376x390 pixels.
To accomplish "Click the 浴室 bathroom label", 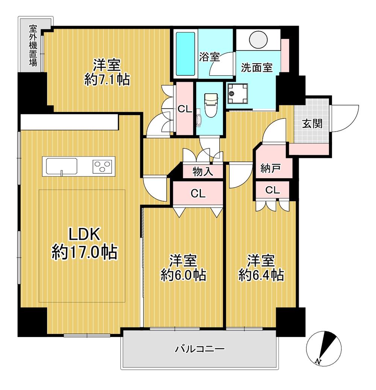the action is coord(209,57).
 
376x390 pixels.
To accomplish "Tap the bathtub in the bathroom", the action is coord(185,54).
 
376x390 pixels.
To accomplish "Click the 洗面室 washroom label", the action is coord(257,67).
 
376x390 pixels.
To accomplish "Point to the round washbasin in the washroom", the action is coord(258,39).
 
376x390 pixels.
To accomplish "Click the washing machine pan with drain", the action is coord(237,94).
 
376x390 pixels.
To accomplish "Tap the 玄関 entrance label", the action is coord(312,123).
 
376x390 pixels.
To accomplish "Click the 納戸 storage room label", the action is coord(271,168).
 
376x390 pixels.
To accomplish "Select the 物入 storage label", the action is coord(203,171).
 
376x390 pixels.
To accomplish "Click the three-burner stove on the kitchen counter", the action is coord(102,166).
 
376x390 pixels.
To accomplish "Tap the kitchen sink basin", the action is coord(61,166).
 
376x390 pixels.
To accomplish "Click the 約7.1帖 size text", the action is coord(107,80).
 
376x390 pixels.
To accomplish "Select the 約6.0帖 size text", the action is coord(183,275).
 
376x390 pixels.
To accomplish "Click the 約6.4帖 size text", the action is coord(261,275).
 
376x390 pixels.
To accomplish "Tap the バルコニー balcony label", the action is coord(200,349).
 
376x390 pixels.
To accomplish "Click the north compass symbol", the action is coord(324,349).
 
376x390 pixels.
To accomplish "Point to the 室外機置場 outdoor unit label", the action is coord(33,45).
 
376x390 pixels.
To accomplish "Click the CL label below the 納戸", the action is coord(273,190).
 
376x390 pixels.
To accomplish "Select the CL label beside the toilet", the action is coord(185,109).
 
